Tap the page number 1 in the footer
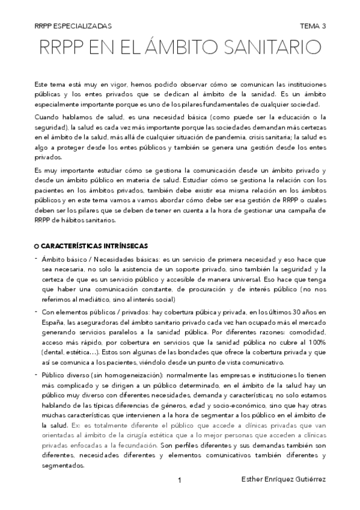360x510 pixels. pyautogui.click(x=180, y=480)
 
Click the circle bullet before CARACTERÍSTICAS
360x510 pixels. pyautogui.click(x=37, y=247)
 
